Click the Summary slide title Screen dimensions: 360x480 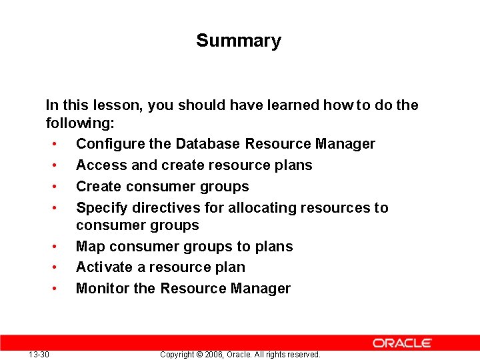pos(239,41)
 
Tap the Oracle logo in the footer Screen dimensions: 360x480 pos(402,343)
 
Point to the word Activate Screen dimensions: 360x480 pos(103,267)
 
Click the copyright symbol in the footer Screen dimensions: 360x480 pos(199,355)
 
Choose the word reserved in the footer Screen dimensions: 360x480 pos(303,355)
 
